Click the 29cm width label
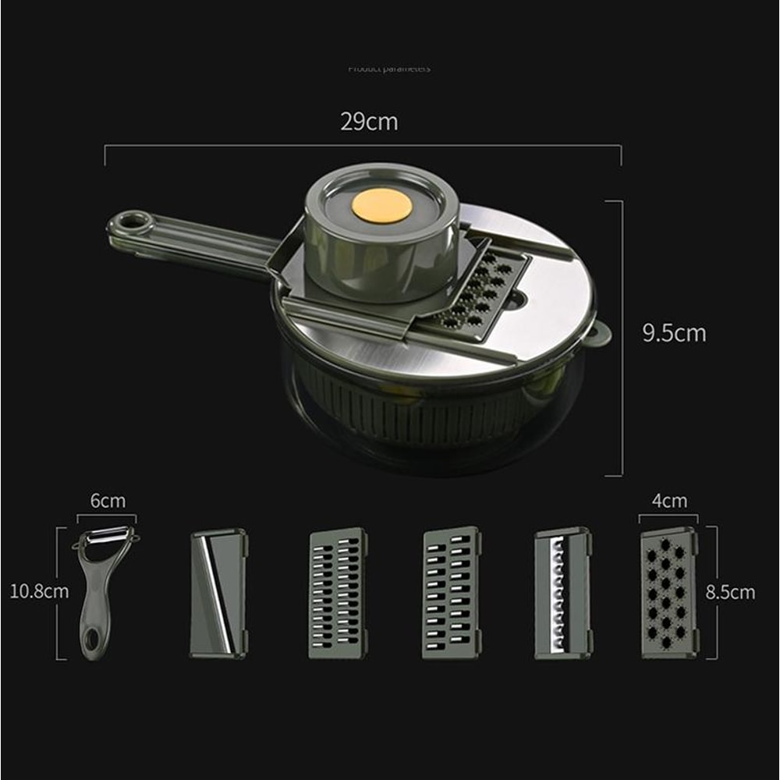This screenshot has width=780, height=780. tap(368, 122)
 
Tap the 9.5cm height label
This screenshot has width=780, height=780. tap(674, 333)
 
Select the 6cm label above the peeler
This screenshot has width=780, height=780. tap(108, 501)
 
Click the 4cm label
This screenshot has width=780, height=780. tap(669, 501)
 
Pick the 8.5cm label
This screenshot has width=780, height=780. tap(730, 592)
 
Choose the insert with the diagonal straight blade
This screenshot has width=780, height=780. tap(218, 594)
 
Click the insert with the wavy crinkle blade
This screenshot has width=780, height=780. tap(562, 594)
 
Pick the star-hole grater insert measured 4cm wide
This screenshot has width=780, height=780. tap(668, 593)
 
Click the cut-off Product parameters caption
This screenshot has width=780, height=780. tap(388, 69)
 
